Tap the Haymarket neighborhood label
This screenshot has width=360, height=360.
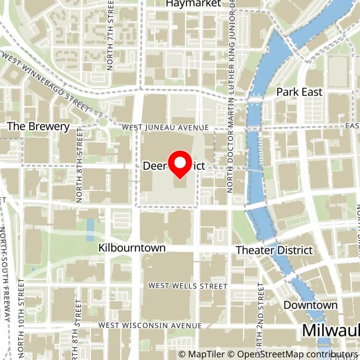point(193,4)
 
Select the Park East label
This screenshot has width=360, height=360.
point(299,92)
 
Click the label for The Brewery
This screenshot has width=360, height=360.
point(39,126)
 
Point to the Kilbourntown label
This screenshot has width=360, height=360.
point(132,248)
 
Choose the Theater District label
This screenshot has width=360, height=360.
point(274,250)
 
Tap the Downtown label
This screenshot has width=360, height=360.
point(310,305)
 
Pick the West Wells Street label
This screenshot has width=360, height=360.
point(188,286)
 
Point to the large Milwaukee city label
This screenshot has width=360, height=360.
point(331,330)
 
